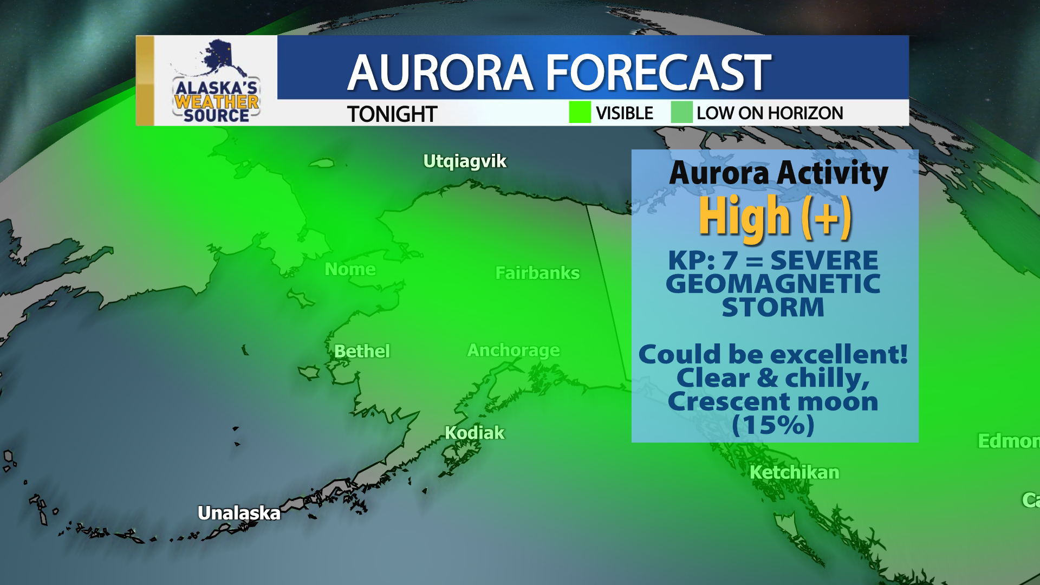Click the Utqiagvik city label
465,161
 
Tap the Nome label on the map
350,269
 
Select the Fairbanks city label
537,273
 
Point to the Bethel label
362,351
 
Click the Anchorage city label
513,350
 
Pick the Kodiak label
474,433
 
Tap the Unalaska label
239,513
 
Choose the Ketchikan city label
794,472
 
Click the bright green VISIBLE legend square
580,113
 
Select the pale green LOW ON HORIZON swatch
681,113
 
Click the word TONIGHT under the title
392,114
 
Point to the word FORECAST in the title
658,73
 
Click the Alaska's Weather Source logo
216,81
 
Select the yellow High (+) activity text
775,217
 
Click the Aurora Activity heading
778,173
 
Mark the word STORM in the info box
773,308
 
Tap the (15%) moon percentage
773,425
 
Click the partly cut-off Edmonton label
1008,441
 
